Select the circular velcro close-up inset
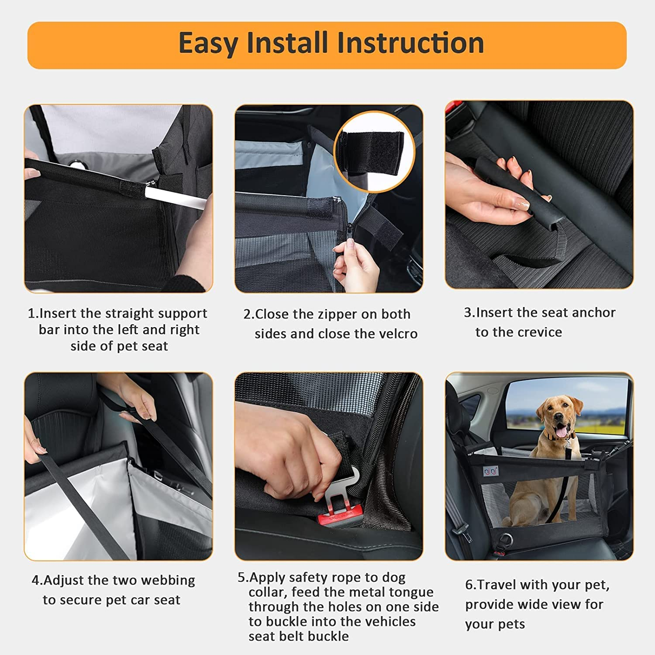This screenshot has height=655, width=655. (374, 152)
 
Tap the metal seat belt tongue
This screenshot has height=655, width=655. (345, 485)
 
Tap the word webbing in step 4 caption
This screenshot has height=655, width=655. (170, 580)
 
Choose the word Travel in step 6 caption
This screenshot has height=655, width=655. (496, 585)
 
